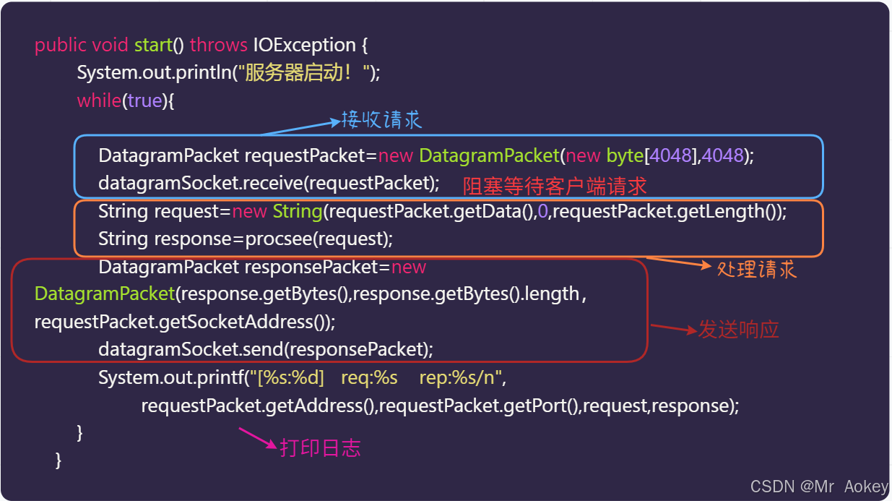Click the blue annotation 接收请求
click(381, 119)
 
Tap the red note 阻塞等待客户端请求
click(555, 187)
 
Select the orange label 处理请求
click(756, 270)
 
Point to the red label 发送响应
click(738, 330)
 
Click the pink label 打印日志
click(320, 448)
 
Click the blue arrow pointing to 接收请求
click(300, 128)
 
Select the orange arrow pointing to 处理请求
click(679, 262)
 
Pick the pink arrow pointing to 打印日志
click(257, 438)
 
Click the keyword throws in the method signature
click(219, 45)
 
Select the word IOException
click(304, 45)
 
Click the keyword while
click(99, 100)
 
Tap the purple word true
click(144, 100)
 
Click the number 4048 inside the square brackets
click(671, 155)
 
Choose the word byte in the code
click(625, 155)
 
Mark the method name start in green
click(153, 45)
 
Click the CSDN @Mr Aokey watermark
click(818, 487)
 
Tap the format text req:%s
click(369, 377)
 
